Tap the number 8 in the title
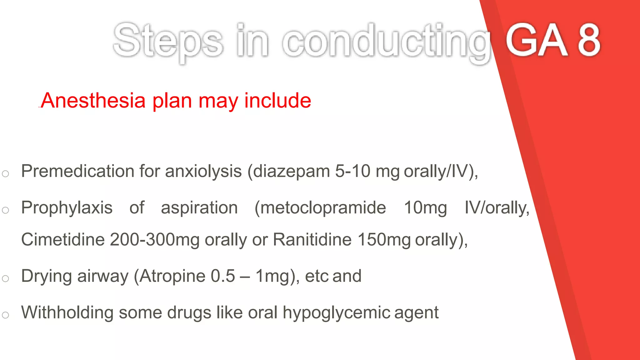tap(589, 41)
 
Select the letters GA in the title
tap(536, 41)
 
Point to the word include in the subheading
tap(277, 101)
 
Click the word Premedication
tap(77, 171)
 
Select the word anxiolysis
tap(203, 171)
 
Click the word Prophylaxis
tap(67, 208)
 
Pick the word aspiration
tap(199, 208)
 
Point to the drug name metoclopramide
tap(321, 208)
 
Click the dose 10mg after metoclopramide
tap(425, 208)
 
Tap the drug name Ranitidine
tap(312, 240)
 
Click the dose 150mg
tap(384, 240)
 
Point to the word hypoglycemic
tap(336, 313)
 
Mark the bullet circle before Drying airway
tap(5, 278)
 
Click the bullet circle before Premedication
tap(5, 174)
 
